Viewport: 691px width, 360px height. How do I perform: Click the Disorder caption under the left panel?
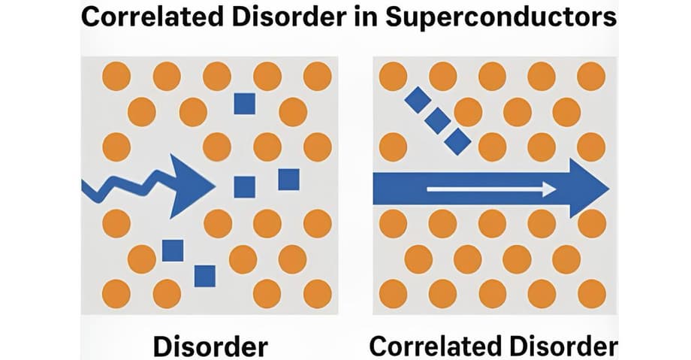pos(210,346)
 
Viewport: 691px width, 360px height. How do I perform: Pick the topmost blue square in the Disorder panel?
pos(244,103)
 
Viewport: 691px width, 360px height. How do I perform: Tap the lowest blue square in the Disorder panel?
pos(204,276)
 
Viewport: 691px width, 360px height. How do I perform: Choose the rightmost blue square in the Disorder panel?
pos(288,180)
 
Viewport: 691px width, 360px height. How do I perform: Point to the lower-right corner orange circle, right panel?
pos(591,292)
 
